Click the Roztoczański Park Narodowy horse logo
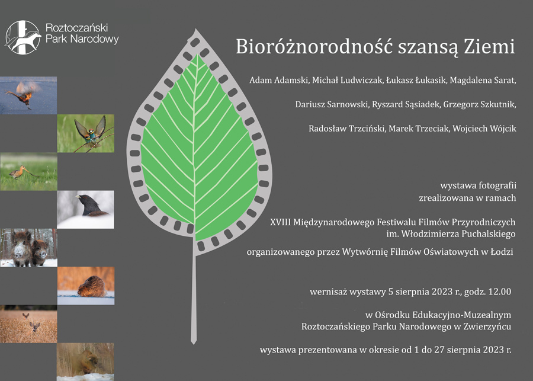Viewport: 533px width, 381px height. (x=23, y=37)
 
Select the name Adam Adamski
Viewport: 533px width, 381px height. (x=279, y=80)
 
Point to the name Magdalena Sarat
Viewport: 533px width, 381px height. (x=483, y=81)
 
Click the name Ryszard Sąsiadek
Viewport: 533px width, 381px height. (x=406, y=105)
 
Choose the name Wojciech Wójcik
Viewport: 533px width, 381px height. (x=484, y=129)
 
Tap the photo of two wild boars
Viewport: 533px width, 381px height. (x=28, y=247)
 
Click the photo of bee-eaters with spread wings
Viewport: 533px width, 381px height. (x=86, y=133)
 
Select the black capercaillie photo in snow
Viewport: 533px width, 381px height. (x=86, y=209)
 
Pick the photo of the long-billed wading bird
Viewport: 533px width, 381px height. (x=28, y=171)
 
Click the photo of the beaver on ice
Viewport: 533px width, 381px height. (x=86, y=286)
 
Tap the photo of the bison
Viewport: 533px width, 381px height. (x=86, y=361)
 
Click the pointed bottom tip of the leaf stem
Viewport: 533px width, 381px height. (x=194, y=344)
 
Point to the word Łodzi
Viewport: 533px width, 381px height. (x=502, y=252)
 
